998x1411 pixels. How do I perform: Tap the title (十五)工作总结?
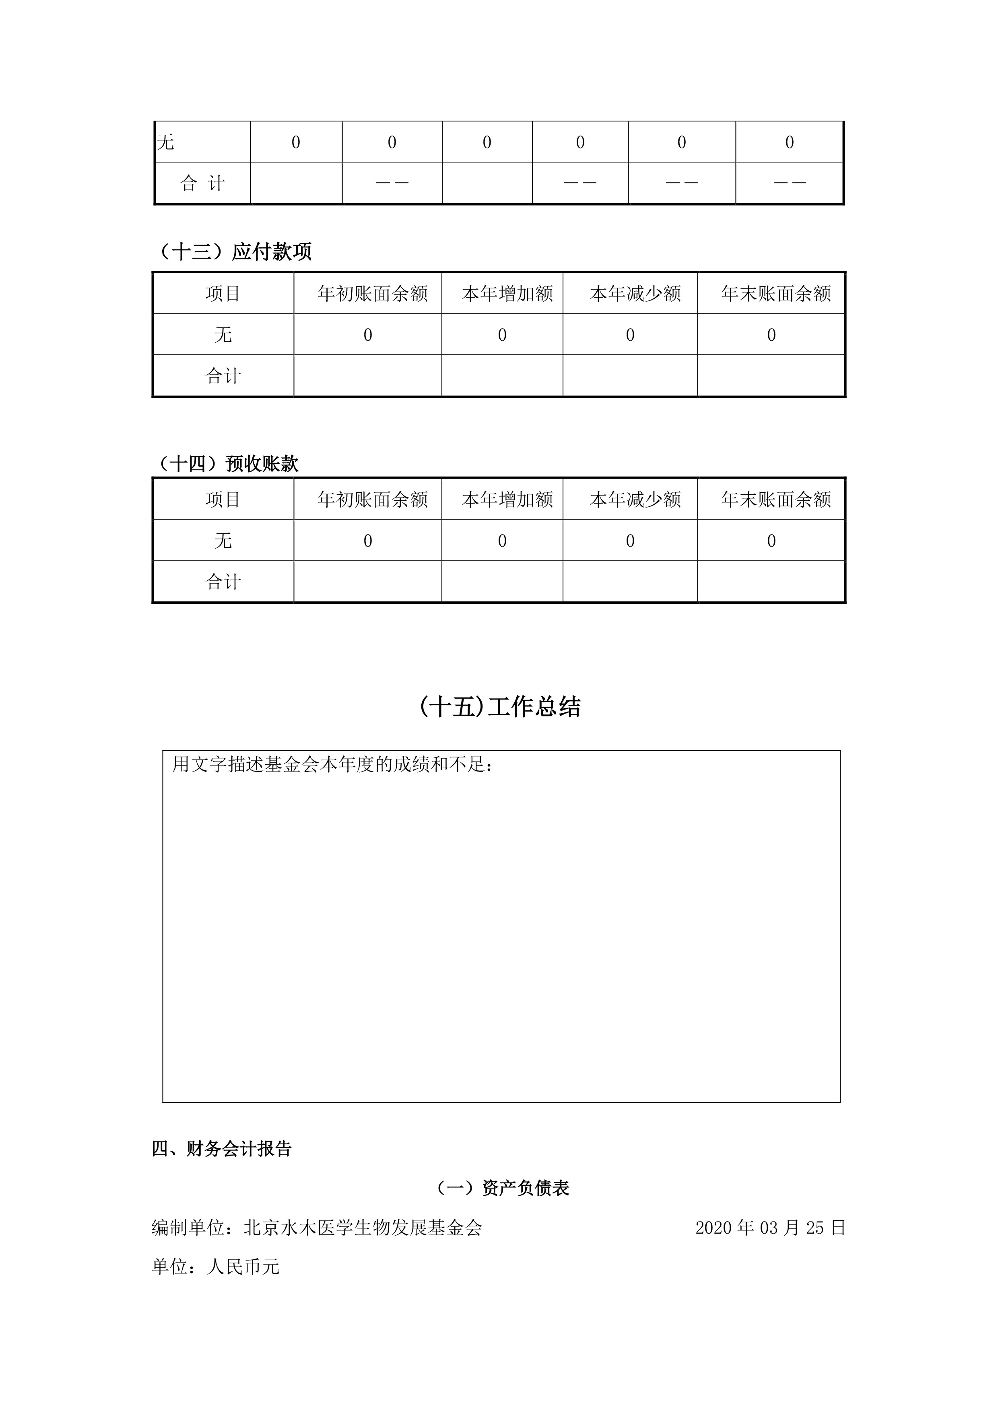coord(500,707)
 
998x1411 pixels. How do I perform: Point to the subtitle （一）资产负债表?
coord(502,1188)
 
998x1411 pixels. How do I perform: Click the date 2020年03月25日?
coord(770,1227)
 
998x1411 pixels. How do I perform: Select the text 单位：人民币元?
coord(215,1266)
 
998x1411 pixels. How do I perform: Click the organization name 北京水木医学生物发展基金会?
coord(363,1227)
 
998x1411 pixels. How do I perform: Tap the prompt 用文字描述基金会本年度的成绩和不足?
coord(332,765)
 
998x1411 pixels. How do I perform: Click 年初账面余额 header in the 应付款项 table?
coord(373,294)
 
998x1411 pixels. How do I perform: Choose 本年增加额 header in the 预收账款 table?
coord(507,500)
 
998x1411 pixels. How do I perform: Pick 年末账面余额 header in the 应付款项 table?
coord(776,294)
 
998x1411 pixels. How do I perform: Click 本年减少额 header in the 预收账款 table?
coord(635,500)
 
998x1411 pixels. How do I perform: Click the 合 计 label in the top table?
coord(202,183)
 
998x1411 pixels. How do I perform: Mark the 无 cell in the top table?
coord(166,142)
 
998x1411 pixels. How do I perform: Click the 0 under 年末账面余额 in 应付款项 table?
coord(771,335)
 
